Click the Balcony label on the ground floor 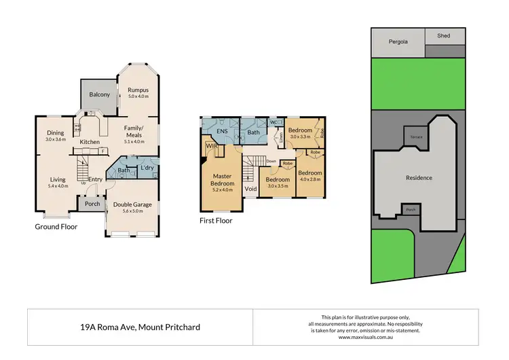[99, 94]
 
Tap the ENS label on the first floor [221, 131]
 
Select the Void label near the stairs [250, 189]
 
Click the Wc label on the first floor [273, 122]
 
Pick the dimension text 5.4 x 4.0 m [58, 186]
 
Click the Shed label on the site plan [444, 36]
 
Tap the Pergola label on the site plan [397, 41]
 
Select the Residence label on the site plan [419, 178]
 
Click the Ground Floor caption [56, 227]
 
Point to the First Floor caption [216, 221]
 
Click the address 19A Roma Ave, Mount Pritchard [139, 327]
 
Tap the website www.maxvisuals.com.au [367, 337]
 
